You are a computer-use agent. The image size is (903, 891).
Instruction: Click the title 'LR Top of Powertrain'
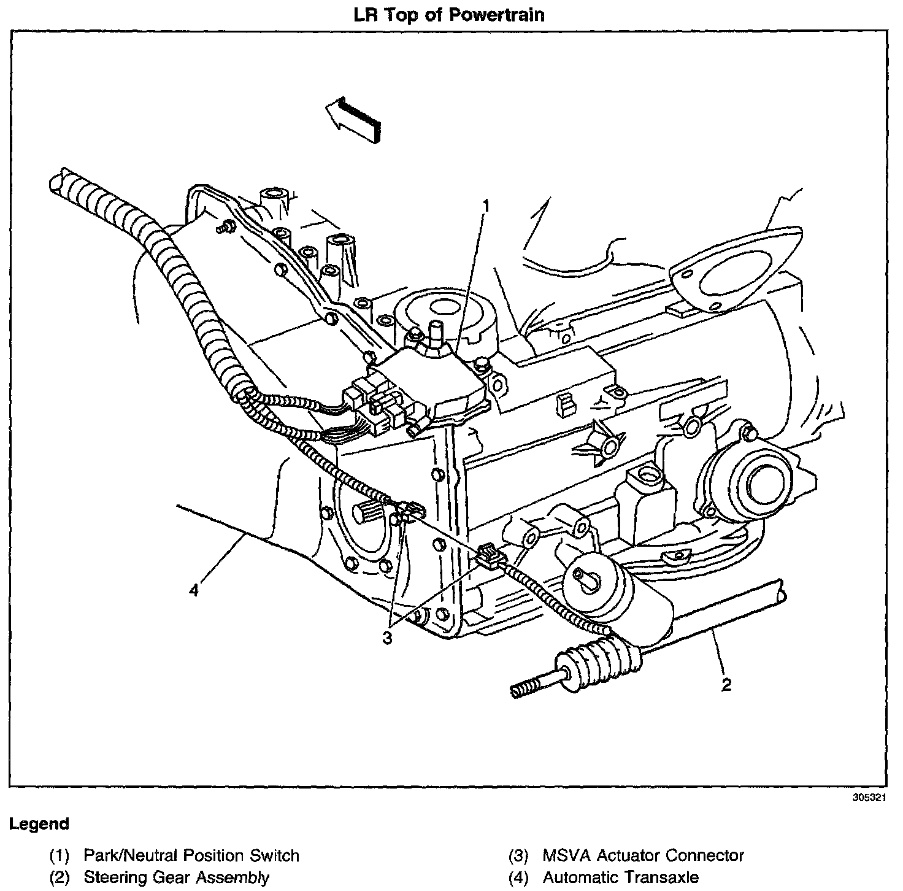[449, 14]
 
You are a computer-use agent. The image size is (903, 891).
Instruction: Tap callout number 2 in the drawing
[726, 685]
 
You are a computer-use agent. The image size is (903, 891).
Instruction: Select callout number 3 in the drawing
[386, 638]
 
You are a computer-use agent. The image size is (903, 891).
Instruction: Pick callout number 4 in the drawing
[194, 591]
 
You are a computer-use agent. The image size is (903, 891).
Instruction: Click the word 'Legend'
[39, 823]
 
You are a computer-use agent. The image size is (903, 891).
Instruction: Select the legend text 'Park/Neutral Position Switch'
[191, 855]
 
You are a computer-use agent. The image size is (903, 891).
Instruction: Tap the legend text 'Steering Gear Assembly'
[177, 877]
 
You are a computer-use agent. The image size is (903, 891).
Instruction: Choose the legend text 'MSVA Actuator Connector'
[643, 855]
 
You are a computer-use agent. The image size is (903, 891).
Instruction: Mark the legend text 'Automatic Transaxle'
[620, 877]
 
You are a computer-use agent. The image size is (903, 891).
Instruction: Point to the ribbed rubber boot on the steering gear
[604, 658]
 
